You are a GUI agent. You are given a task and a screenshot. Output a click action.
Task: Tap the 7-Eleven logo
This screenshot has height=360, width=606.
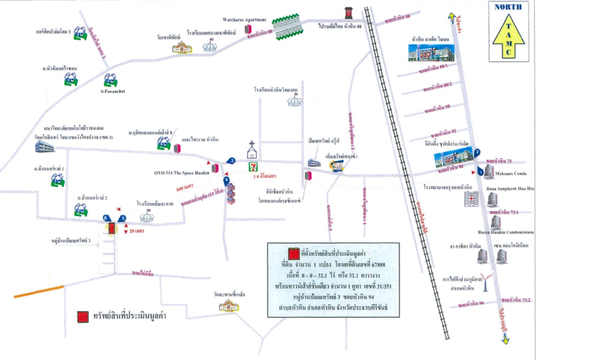click(256, 167)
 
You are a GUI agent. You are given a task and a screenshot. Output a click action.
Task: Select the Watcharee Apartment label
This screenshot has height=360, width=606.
click(245, 20)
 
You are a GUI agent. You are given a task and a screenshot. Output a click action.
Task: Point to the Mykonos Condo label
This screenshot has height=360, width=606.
click(509, 174)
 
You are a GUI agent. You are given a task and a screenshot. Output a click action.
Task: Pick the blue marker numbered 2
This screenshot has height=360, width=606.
click(477, 152)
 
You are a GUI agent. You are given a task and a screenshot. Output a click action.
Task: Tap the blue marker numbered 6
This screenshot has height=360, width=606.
click(106, 218)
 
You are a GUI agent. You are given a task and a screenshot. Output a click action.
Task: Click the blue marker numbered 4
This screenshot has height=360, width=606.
click(226, 180)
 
